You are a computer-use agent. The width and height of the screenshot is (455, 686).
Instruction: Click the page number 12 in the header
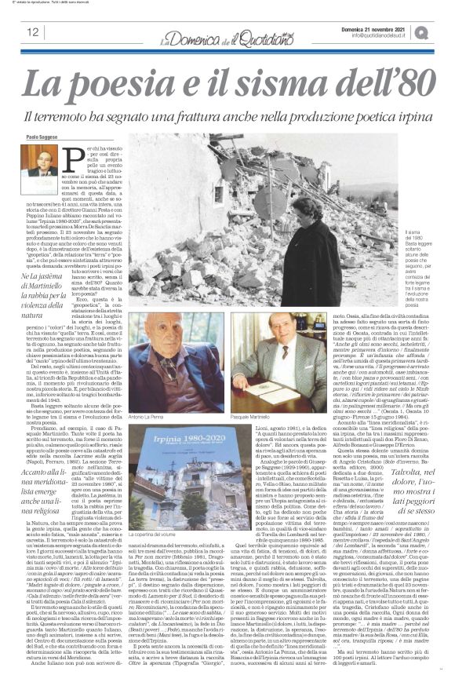click(32, 32)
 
